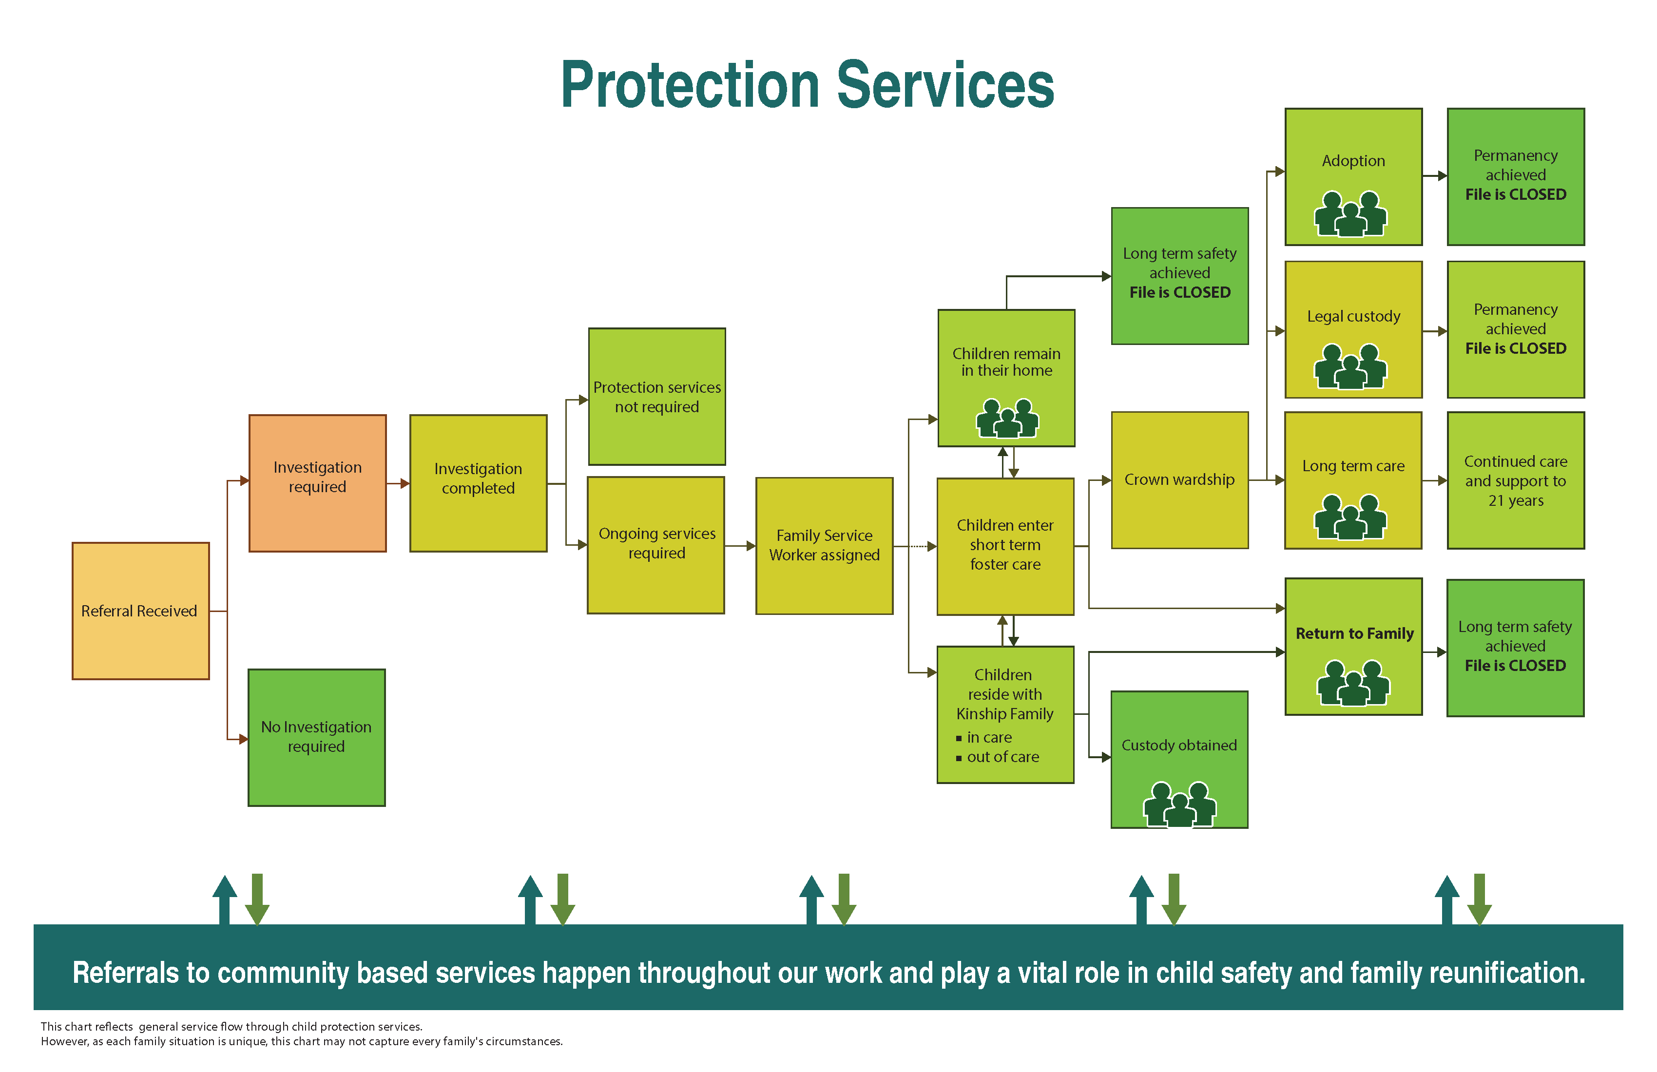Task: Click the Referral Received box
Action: [x=140, y=611]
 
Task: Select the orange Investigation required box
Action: [x=317, y=483]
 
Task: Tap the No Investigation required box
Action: [x=316, y=737]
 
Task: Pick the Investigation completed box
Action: [x=478, y=483]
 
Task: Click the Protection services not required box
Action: [x=656, y=396]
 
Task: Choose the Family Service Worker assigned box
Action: [x=824, y=545]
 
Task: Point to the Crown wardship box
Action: [x=1179, y=479]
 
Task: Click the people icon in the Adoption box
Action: [x=1350, y=214]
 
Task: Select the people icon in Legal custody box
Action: [x=1350, y=367]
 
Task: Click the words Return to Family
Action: [x=1354, y=633]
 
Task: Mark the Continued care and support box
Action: [x=1515, y=480]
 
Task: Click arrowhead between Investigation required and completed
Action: [x=405, y=483]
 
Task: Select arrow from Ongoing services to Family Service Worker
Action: [x=750, y=546]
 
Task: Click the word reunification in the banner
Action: [x=1506, y=973]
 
